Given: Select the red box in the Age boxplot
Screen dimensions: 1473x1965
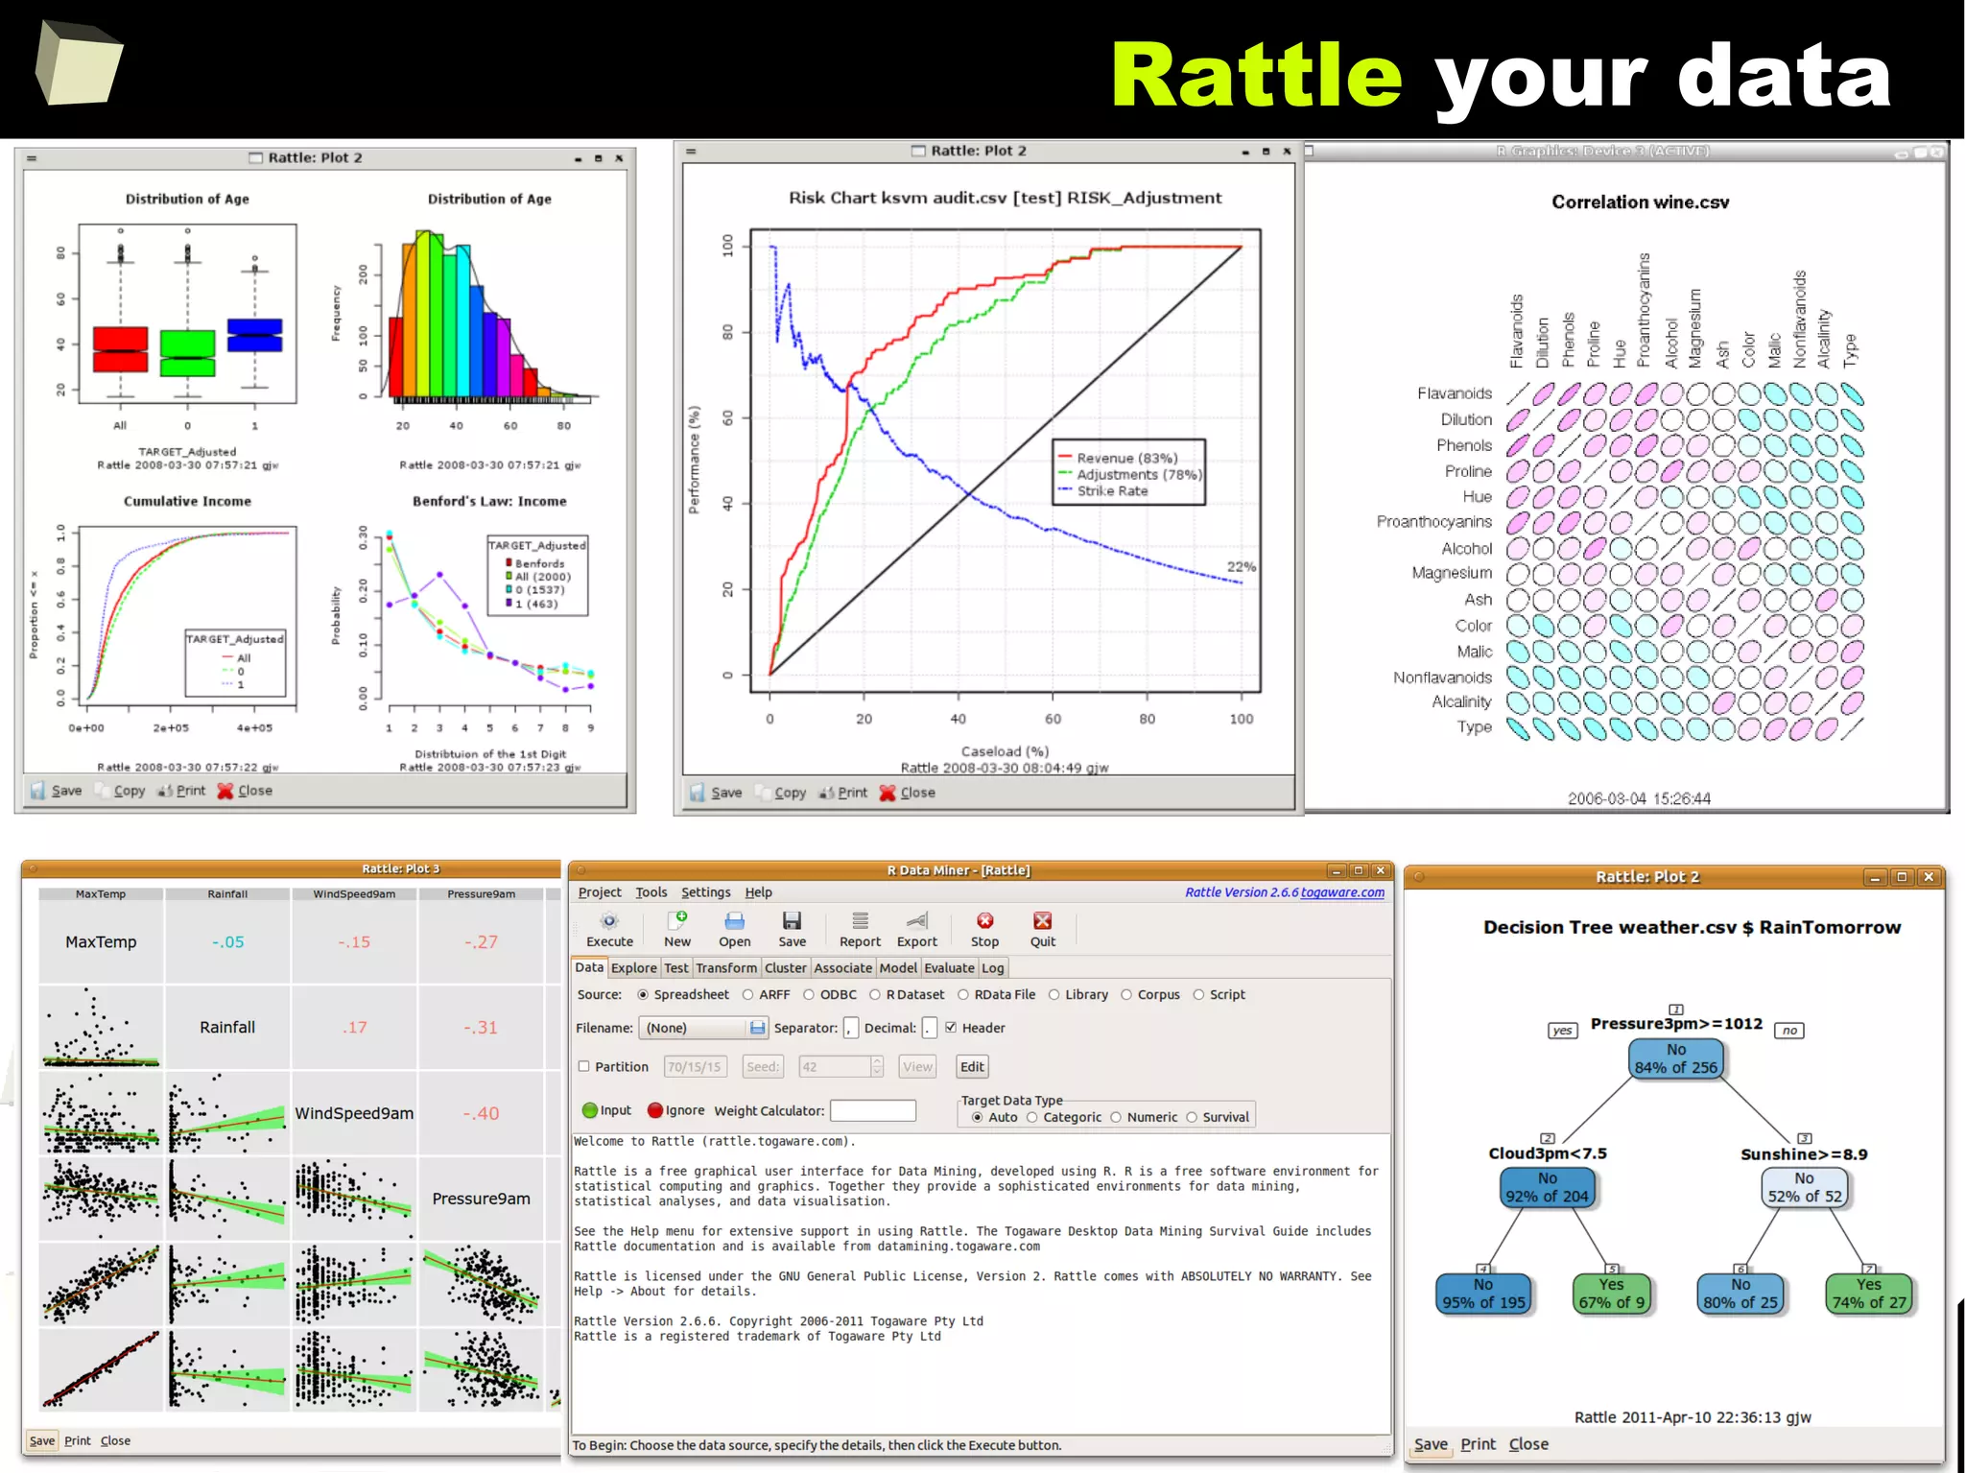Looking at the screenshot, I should tap(120, 349).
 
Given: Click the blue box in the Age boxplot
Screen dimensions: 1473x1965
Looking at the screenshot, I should tap(254, 335).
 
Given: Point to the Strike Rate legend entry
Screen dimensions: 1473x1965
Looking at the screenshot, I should tap(1112, 491).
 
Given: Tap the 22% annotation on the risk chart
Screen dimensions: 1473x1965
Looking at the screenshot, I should tap(1241, 566).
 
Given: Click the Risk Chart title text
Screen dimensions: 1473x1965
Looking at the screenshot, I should tap(1005, 198).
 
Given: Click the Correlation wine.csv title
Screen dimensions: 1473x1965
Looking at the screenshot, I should tap(1640, 202).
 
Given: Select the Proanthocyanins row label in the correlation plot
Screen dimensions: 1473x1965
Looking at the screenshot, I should tap(1433, 522).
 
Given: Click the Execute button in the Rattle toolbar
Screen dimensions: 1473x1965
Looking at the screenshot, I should tap(609, 929).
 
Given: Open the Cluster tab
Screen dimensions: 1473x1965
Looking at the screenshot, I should tap(785, 968).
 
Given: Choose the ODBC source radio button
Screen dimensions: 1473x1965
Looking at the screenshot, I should tap(809, 995).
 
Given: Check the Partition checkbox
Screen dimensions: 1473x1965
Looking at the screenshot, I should tap(583, 1066).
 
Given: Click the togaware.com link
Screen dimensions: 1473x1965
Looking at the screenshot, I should tap(1342, 892).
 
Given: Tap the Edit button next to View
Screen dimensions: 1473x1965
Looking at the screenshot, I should tap(972, 1066).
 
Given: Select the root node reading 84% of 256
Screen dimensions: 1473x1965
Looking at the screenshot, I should tap(1675, 1058).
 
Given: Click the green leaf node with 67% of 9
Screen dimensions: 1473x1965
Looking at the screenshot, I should tap(1612, 1294).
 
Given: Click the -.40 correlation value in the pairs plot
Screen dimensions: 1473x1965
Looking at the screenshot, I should tap(481, 1113).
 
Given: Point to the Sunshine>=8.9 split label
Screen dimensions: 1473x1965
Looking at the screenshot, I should tap(1804, 1154).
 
